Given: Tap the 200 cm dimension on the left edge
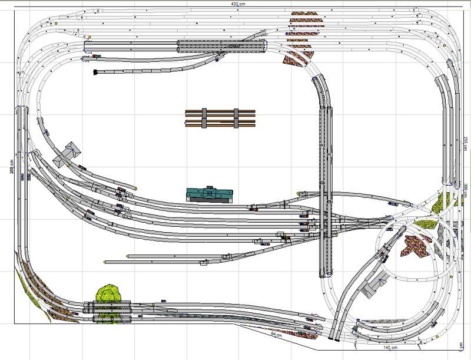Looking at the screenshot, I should [x=11, y=164].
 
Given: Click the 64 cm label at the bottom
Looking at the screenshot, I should [x=276, y=334].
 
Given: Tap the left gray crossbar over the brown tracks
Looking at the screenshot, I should [x=204, y=117].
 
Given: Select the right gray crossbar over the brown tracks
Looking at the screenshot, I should [x=236, y=117].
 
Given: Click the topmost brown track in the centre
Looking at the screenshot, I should [x=220, y=111].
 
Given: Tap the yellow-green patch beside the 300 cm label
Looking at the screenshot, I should [x=439, y=204].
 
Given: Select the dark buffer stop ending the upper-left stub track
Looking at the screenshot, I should [x=95, y=72].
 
